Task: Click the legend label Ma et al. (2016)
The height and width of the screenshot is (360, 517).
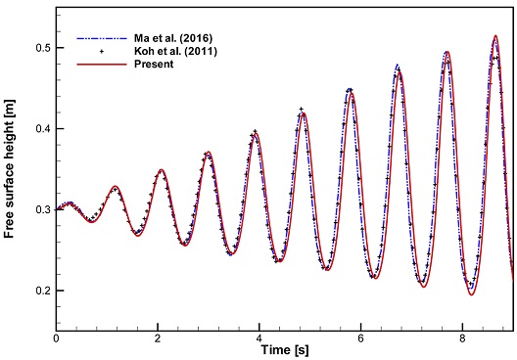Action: [172, 38]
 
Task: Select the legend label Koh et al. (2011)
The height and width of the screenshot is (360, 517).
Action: [175, 52]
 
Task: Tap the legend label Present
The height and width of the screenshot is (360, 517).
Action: [154, 64]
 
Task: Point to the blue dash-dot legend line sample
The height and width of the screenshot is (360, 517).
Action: [102, 38]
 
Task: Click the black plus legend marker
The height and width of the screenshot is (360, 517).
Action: [102, 52]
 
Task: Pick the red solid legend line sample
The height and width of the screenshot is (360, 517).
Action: [102, 65]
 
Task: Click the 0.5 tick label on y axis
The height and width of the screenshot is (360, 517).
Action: [42, 48]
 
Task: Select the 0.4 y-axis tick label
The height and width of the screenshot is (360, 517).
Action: [42, 129]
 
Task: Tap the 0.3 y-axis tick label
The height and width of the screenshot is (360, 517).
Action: [42, 209]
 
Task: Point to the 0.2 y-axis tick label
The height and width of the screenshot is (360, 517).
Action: [42, 291]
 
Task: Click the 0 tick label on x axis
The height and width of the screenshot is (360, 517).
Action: [57, 338]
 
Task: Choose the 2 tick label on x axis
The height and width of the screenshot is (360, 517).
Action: [158, 338]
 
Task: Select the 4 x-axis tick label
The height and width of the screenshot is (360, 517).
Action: [259, 338]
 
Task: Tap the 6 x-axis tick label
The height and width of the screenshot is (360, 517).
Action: [361, 338]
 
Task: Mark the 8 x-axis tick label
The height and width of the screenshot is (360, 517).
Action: [462, 338]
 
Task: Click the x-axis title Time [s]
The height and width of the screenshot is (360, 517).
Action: [285, 350]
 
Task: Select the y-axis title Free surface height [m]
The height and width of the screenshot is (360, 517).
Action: [10, 168]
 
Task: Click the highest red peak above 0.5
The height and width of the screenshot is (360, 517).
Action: [495, 35]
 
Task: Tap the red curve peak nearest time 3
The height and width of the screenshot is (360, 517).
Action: [209, 152]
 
